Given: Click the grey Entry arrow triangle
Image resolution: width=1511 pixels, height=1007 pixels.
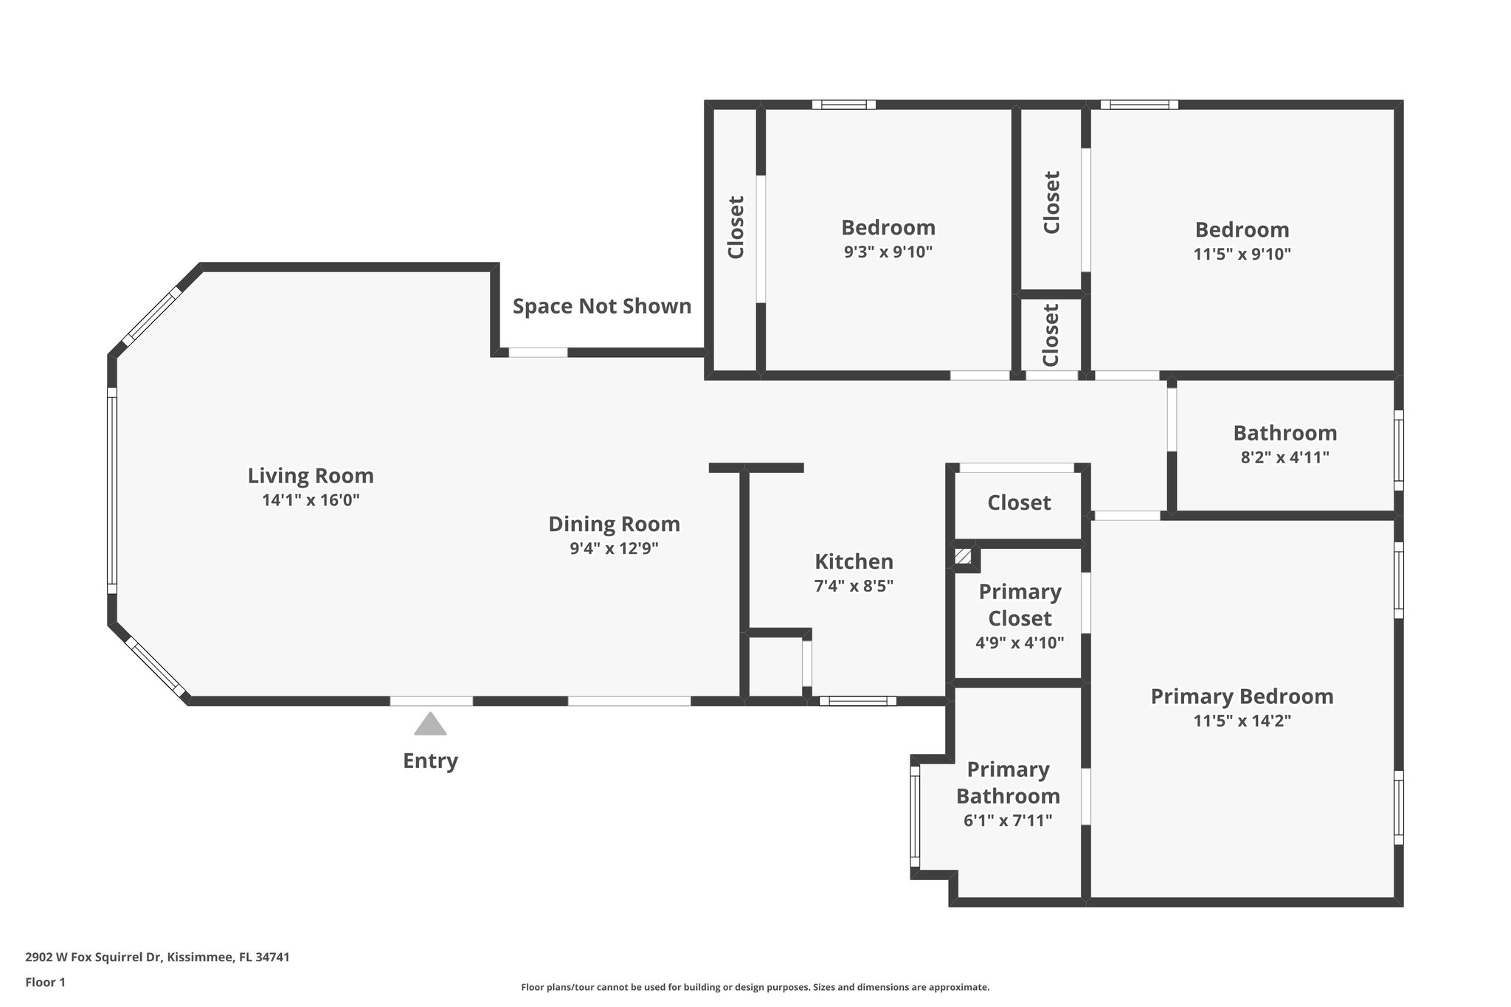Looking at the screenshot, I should [x=430, y=725].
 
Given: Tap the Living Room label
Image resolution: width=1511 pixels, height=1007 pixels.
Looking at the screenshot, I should [x=311, y=476].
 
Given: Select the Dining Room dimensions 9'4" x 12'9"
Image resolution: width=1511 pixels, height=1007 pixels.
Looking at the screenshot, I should [x=614, y=549].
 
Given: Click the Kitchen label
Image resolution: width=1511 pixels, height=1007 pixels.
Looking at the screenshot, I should [x=854, y=561].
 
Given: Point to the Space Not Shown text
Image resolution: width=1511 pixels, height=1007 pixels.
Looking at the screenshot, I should [x=602, y=306].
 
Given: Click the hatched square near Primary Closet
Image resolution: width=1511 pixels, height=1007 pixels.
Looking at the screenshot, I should [x=963, y=556].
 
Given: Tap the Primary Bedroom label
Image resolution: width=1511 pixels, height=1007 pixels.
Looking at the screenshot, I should [x=1242, y=696].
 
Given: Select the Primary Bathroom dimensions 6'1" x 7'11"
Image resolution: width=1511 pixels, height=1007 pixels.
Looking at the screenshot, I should [x=1008, y=820].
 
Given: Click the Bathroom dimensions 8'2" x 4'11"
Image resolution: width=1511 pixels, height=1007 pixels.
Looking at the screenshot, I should [x=1284, y=457].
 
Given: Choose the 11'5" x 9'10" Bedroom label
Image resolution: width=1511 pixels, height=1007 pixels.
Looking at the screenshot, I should [x=1242, y=229].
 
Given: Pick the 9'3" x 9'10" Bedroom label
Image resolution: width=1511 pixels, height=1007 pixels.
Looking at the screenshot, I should [x=888, y=227].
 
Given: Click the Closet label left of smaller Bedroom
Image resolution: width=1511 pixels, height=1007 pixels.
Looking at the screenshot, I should [x=736, y=227].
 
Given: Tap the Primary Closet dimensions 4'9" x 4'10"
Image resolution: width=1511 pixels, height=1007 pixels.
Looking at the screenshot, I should [x=1020, y=643].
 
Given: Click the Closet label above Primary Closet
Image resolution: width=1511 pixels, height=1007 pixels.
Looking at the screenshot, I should [x=1019, y=502].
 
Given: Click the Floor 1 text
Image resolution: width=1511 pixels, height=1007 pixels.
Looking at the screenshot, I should [x=46, y=982].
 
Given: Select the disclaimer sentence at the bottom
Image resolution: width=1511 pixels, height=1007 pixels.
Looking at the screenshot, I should [x=755, y=987].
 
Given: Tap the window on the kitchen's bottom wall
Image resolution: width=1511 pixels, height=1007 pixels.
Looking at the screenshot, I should [x=857, y=701].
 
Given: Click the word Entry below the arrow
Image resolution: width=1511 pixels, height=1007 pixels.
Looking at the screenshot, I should [x=430, y=761].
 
